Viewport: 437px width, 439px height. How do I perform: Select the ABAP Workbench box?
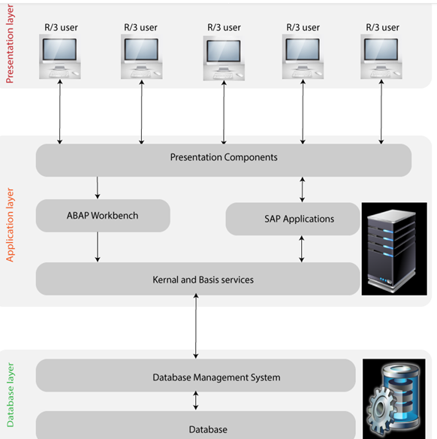pos(103,216)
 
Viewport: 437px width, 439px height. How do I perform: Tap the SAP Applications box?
pos(299,219)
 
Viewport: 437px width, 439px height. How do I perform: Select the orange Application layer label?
pos(11,222)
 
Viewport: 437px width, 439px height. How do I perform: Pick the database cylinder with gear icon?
pos(395,398)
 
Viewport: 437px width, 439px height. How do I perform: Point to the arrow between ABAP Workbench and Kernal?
pos(98,247)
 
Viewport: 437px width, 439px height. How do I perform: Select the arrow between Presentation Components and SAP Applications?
pos(303,189)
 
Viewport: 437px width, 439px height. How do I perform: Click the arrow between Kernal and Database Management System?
pos(196,327)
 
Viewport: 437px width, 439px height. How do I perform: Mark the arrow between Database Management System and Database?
pos(196,401)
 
